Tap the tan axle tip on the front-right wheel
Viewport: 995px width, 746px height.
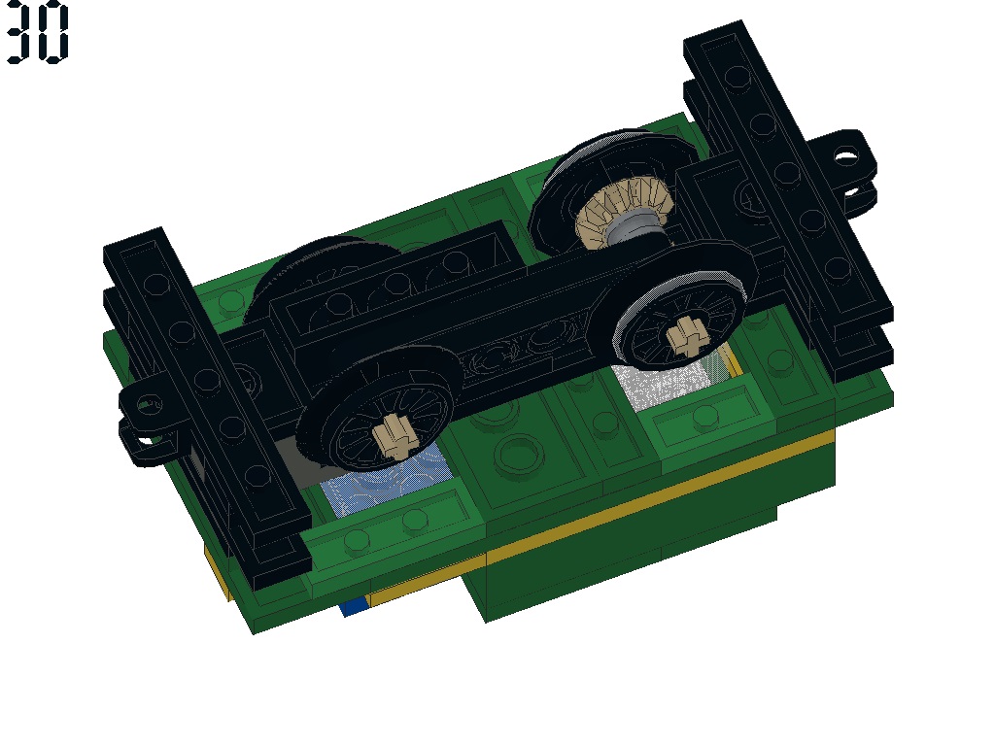point(685,335)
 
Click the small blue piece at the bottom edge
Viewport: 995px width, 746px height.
point(354,606)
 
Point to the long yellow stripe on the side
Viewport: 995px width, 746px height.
point(661,486)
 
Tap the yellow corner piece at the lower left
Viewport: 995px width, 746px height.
point(219,573)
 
